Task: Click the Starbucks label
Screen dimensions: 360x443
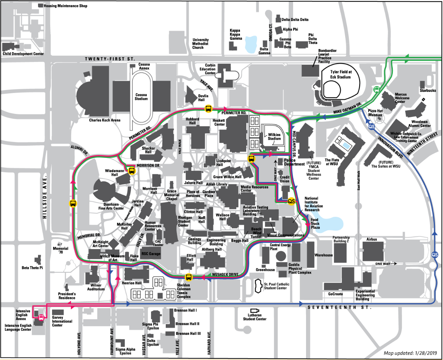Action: pos(427,90)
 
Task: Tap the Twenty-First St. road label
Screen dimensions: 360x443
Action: pos(110,59)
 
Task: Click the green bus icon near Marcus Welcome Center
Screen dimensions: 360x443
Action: pos(377,89)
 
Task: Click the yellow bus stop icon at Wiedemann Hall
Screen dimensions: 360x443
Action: pos(132,171)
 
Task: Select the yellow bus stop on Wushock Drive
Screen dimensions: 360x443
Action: pos(188,277)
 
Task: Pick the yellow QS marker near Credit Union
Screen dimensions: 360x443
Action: pos(291,201)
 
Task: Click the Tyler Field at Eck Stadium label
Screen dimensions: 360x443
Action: pos(341,75)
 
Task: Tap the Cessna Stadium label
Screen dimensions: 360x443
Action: pos(141,97)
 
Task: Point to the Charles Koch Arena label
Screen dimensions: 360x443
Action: pos(105,120)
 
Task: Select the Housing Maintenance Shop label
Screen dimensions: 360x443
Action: pos(65,6)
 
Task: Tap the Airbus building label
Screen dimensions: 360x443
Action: pos(371,239)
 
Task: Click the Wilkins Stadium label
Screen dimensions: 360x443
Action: pos(274,136)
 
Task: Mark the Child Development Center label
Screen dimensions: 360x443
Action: pos(23,53)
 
